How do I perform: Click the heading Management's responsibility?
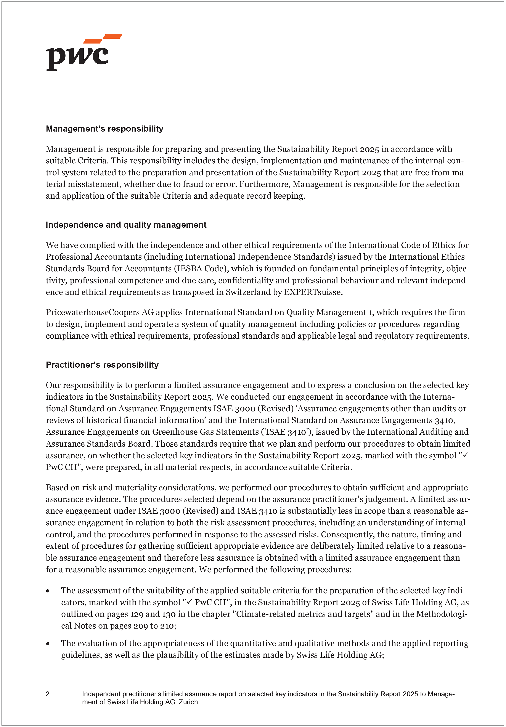point(104,129)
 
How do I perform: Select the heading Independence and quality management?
point(126,225)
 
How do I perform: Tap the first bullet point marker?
point(48,591)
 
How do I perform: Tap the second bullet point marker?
point(48,644)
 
